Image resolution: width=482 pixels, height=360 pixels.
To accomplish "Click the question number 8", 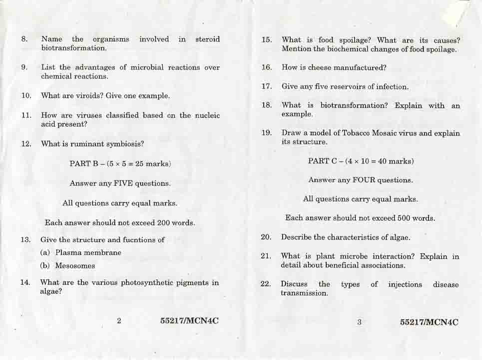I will [x=24, y=39].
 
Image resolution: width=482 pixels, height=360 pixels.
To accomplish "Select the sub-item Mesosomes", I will [x=75, y=266].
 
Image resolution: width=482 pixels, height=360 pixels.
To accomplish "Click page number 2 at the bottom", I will [x=119, y=321].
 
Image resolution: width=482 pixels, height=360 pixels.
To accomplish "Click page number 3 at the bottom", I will [x=359, y=322].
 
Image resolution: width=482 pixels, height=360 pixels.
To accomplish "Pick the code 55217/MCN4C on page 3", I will [x=429, y=322].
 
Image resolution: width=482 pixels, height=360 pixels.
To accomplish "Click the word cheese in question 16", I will [x=320, y=67].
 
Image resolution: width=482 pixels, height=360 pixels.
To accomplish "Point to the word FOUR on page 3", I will [x=364, y=180].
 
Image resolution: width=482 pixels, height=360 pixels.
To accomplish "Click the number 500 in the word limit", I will [x=404, y=218].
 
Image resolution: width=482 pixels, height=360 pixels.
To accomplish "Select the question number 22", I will [x=266, y=284].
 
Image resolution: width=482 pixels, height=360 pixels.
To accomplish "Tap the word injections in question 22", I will [x=405, y=284].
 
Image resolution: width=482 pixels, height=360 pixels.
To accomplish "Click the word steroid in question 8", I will [x=207, y=39].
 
